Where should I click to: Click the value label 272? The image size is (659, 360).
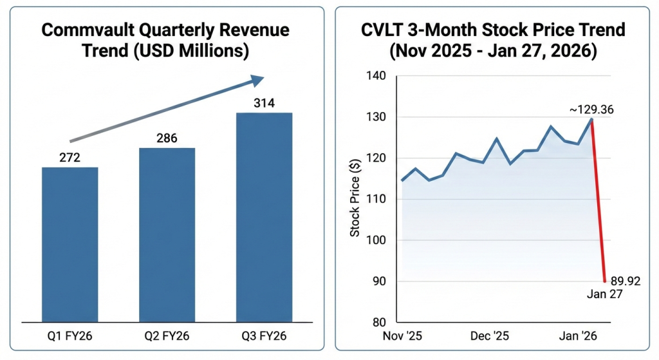pyautogui.click(x=70, y=157)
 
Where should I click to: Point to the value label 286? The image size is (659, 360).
pyautogui.click(x=167, y=138)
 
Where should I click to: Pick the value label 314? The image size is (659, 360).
pyautogui.click(x=264, y=103)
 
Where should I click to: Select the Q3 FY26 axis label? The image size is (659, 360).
pyautogui.click(x=264, y=336)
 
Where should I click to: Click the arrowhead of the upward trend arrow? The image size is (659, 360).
pyautogui.click(x=257, y=81)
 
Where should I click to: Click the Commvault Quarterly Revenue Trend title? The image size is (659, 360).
pyautogui.click(x=167, y=40)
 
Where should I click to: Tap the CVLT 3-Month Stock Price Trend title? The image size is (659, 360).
pyautogui.click(x=492, y=40)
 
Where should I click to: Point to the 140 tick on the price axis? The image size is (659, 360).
pyautogui.click(x=376, y=76)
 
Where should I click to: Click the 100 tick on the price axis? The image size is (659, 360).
pyautogui.click(x=376, y=240)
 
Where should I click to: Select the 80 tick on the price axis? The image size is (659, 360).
pyautogui.click(x=378, y=323)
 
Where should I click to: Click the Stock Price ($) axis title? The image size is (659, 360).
pyautogui.click(x=355, y=199)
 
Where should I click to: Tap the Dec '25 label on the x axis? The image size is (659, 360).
pyautogui.click(x=491, y=336)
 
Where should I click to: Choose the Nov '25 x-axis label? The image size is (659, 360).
pyautogui.click(x=402, y=336)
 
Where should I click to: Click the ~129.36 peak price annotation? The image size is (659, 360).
pyautogui.click(x=591, y=110)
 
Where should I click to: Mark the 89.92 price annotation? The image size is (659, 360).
pyautogui.click(x=625, y=281)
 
